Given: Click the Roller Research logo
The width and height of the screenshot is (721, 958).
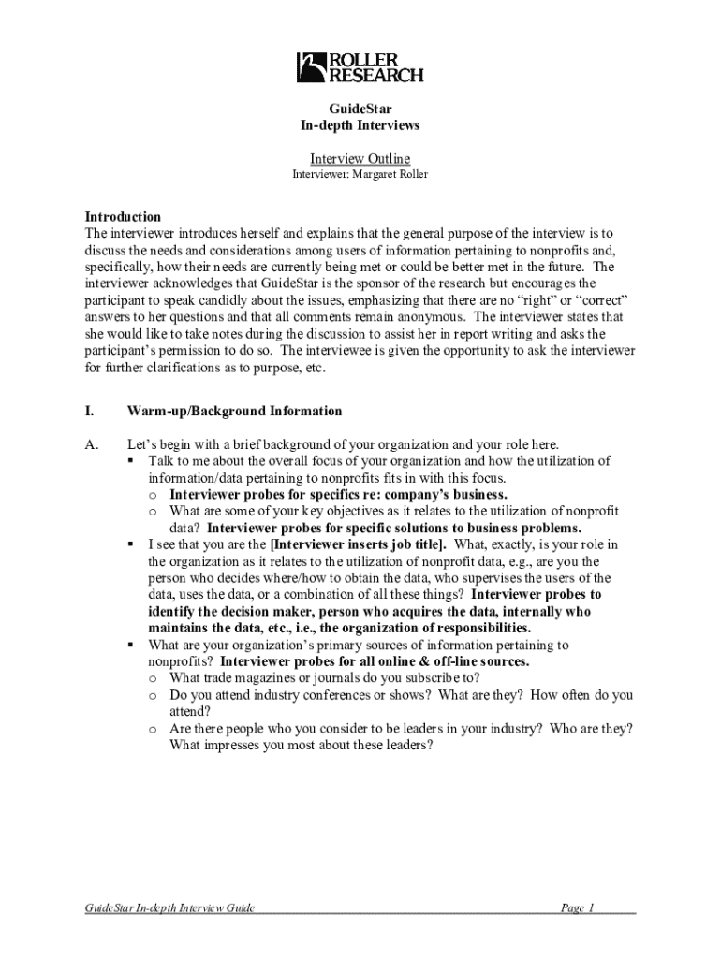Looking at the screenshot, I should (360, 66).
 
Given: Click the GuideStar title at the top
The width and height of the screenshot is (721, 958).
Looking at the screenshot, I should (360, 109).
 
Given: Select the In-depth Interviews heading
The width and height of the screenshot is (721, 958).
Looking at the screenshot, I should (360, 125).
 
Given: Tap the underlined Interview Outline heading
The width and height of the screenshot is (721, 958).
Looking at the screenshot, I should (360, 159).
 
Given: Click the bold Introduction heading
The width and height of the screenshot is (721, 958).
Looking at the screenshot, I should (123, 216).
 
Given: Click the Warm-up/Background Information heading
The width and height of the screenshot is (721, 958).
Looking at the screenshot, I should (235, 411).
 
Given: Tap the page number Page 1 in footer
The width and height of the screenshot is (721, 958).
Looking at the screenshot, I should (578, 908).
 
